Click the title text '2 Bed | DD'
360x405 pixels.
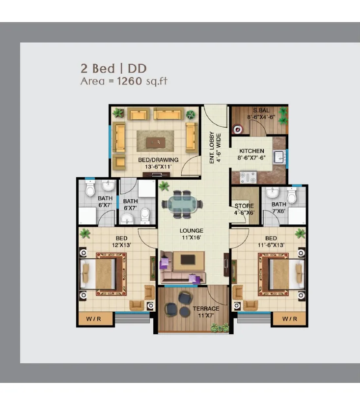point(114,68)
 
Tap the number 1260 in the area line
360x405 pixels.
point(130,81)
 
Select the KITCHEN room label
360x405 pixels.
point(252,151)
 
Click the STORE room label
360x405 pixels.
point(244,206)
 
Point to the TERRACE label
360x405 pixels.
point(206,308)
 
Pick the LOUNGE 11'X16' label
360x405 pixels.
point(192,234)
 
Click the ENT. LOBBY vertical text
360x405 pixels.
point(212,147)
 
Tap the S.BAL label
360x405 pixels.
point(261,110)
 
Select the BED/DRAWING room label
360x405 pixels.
point(158,160)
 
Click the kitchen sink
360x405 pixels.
point(279,157)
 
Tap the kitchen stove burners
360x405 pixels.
point(248,177)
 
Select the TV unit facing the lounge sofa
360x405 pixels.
point(188,260)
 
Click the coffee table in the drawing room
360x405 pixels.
point(156,142)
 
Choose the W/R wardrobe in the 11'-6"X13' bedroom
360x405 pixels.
point(289,319)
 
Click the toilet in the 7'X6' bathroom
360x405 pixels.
point(292,195)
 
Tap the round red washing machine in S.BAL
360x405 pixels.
point(237,129)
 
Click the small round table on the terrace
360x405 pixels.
point(185,312)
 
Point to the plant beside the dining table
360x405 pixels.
point(164,186)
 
